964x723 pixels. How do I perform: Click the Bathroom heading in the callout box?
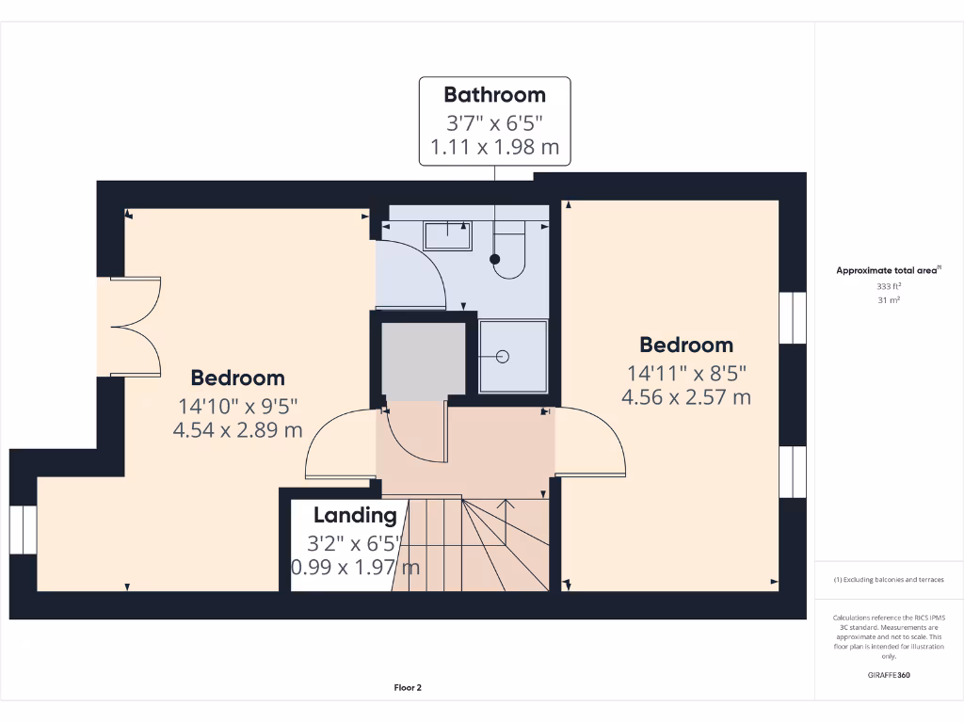[x=494, y=95]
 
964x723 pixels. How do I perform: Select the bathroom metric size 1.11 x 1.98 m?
[x=494, y=148]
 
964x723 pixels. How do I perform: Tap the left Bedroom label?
[x=237, y=378]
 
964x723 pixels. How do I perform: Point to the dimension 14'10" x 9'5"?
[x=237, y=407]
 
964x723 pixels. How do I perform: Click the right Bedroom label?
[x=686, y=345]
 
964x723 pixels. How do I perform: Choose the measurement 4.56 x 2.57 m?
[x=686, y=397]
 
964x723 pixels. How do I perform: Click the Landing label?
[x=355, y=515]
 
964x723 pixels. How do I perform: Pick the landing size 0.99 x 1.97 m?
[x=355, y=568]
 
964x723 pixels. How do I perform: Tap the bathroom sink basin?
[x=447, y=235]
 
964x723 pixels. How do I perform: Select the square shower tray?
[x=512, y=357]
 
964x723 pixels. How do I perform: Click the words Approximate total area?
[x=888, y=271]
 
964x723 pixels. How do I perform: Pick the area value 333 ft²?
[x=889, y=285]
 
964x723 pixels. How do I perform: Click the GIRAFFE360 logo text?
[x=890, y=675]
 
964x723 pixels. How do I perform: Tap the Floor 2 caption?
[x=408, y=688]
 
